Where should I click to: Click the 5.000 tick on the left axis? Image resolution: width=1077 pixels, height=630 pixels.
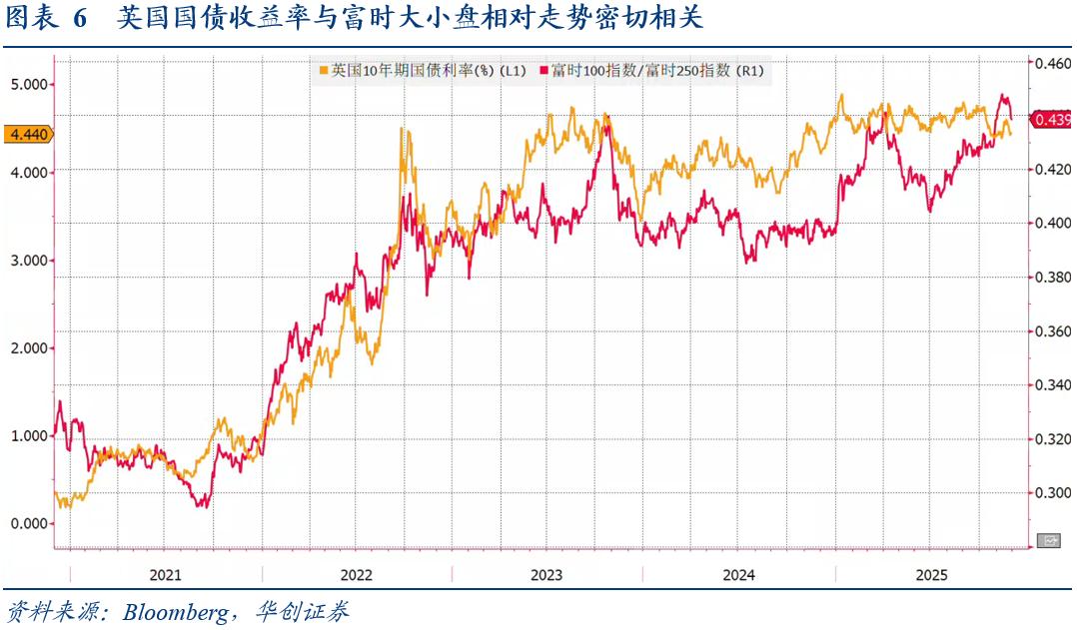(30, 84)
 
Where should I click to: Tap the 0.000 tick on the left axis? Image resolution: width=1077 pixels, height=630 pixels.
(30, 523)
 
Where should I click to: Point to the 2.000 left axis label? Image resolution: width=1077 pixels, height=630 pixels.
(30, 347)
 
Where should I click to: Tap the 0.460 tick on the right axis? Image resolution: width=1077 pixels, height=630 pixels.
(1052, 63)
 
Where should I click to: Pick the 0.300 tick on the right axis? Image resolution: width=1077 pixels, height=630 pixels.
(1052, 492)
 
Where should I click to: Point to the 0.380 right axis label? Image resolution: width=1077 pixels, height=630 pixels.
(1052, 278)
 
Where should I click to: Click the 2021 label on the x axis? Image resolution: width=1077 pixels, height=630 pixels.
(165, 575)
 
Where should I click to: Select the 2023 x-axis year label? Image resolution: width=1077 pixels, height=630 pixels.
(546, 575)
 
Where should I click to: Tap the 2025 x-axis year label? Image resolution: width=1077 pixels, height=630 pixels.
(931, 575)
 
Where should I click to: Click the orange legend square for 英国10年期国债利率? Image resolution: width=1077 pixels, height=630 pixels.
(323, 71)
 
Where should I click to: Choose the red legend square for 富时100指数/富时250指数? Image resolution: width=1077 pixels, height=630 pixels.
(544, 71)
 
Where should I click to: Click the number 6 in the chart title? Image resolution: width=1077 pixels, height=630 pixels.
(80, 19)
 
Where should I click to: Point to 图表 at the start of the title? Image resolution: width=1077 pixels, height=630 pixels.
(29, 19)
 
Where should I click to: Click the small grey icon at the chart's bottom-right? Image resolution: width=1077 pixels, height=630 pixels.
(1050, 540)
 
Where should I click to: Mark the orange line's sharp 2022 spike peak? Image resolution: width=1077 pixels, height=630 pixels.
(403, 128)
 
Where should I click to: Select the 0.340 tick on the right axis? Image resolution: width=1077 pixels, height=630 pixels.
(1052, 385)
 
